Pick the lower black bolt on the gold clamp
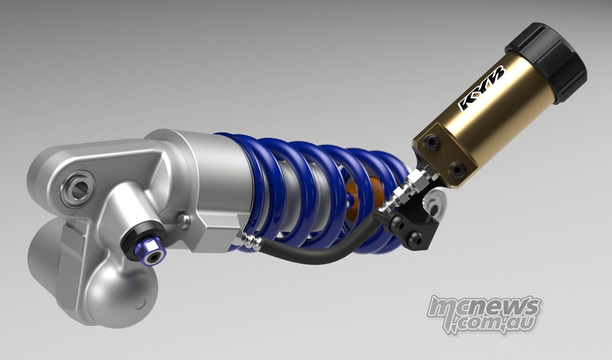point(455,170)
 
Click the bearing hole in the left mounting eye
point(77,188)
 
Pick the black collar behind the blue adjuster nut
point(134,243)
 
